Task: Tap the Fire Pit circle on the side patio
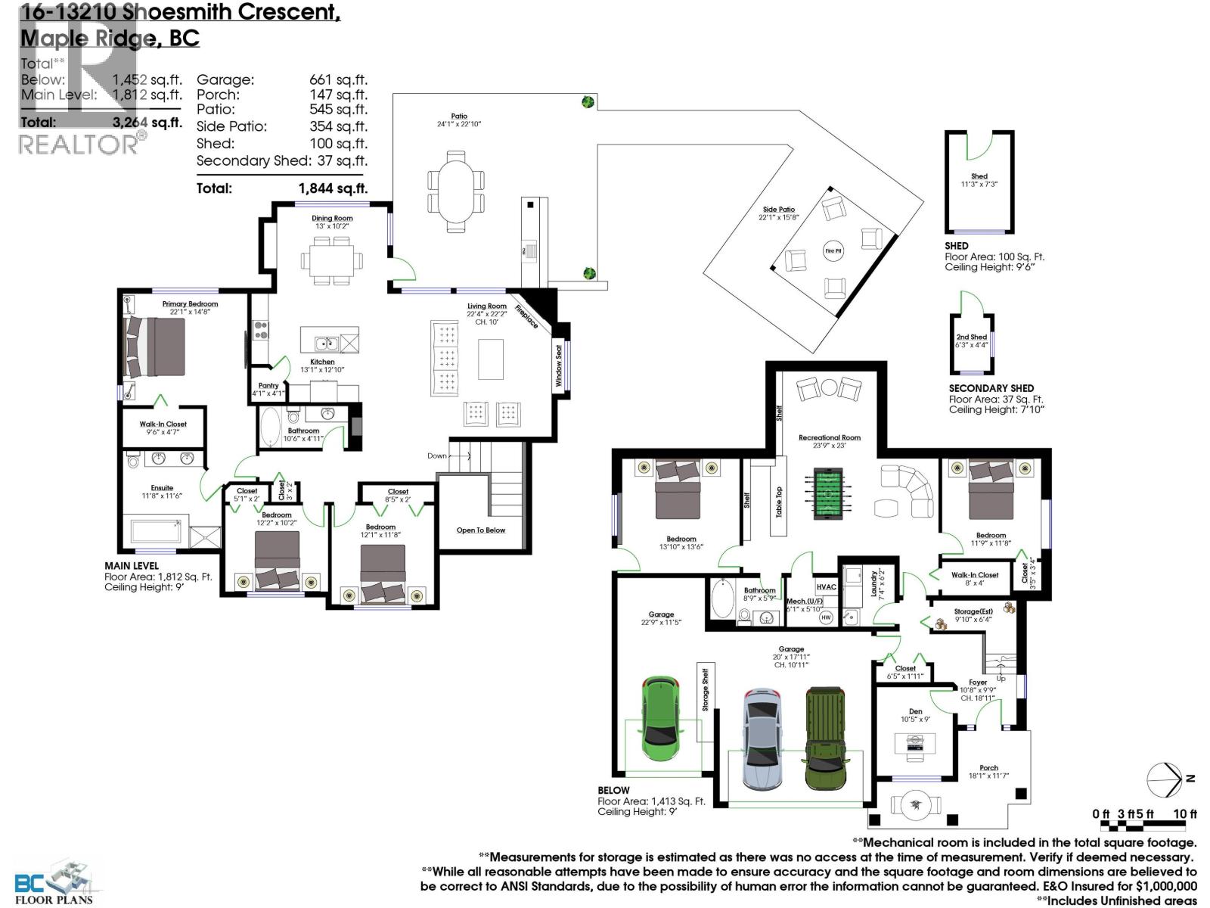pos(833,251)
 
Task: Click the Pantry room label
pos(268,386)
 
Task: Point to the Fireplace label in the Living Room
pos(526,316)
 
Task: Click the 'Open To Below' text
pos(481,530)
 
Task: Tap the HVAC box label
pos(826,586)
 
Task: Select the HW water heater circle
pos(826,617)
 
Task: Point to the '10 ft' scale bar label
pos(1184,814)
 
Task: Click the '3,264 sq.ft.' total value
pos(147,123)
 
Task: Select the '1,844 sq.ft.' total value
pos(333,188)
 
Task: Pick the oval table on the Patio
pos(455,191)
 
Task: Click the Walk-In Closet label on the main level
pos(163,424)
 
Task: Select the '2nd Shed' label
pos(971,337)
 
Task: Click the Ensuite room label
pos(162,488)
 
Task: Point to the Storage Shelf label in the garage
pos(706,689)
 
